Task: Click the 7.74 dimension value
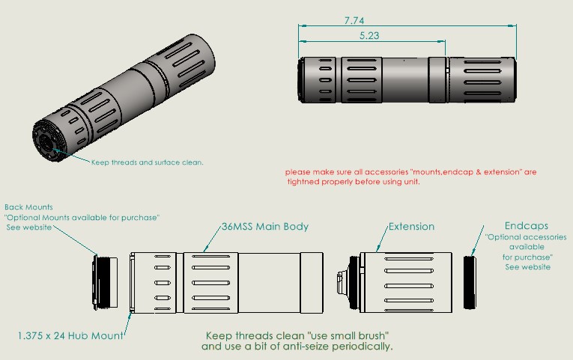(x=354, y=20)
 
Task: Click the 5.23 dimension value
(x=369, y=36)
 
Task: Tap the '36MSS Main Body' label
(x=265, y=227)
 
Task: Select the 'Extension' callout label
(x=411, y=227)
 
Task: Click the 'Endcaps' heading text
(x=527, y=225)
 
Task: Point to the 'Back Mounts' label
(x=28, y=207)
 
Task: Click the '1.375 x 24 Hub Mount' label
(x=70, y=335)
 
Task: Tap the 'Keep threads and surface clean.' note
(x=148, y=162)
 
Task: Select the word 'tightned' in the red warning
(x=303, y=182)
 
